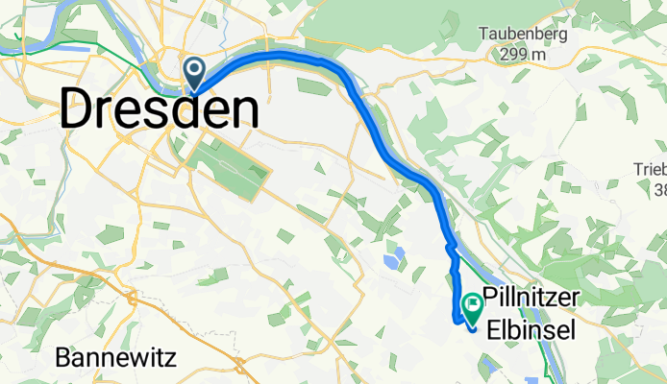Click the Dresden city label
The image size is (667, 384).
[x=159, y=109]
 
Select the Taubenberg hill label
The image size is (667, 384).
[x=523, y=35]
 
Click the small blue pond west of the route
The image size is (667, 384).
[x=392, y=259]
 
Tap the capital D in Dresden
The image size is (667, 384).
[x=80, y=109]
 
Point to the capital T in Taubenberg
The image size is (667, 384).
[x=485, y=35]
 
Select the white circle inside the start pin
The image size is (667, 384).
[x=194, y=68]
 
